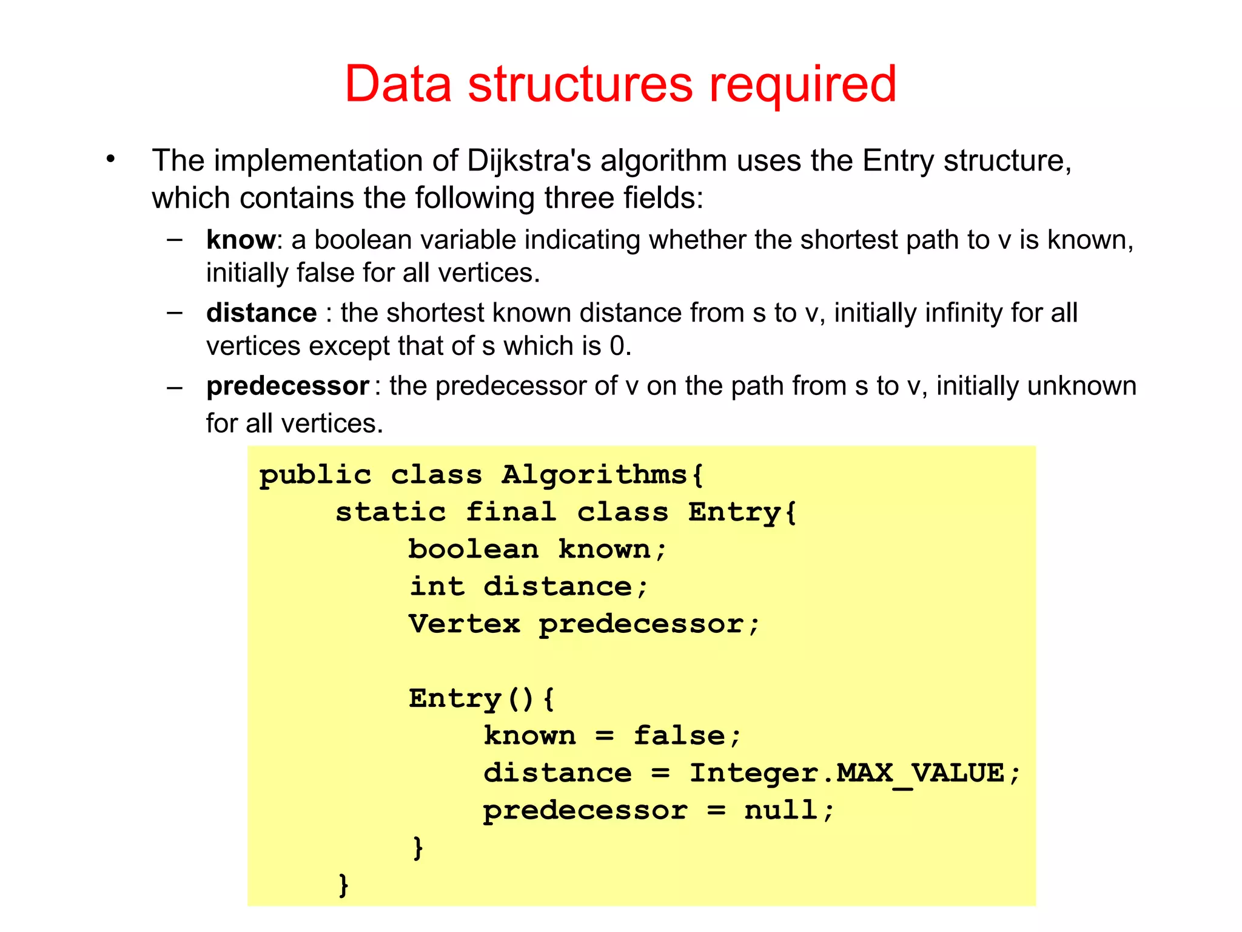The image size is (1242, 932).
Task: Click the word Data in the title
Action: coord(398,84)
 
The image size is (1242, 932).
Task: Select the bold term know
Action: coord(241,240)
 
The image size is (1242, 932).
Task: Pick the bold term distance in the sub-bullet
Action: coord(261,313)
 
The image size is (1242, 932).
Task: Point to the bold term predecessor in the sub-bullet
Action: coord(287,387)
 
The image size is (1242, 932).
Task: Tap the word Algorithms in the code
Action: coord(594,474)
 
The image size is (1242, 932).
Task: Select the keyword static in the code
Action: coord(391,513)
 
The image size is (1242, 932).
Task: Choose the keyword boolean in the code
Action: coord(473,550)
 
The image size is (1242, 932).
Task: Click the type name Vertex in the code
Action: coord(465,624)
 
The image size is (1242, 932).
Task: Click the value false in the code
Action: coord(679,736)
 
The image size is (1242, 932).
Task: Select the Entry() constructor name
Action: coord(455,699)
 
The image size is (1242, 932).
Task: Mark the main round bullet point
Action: coord(110,160)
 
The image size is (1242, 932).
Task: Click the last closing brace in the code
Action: coord(344,885)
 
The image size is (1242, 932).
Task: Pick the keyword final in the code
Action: coord(511,513)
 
